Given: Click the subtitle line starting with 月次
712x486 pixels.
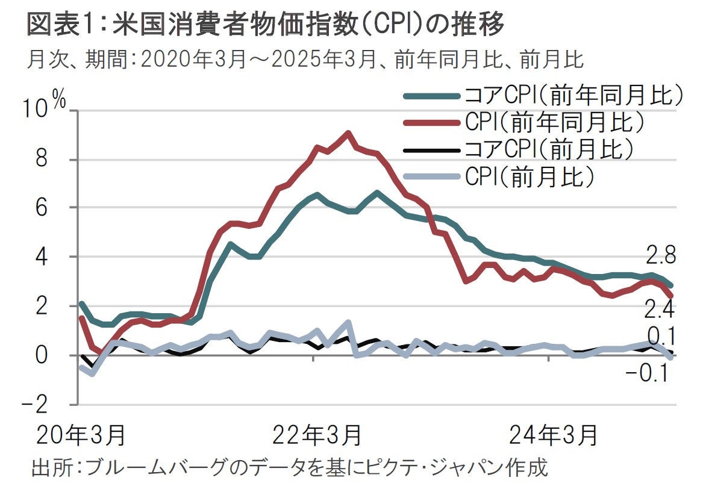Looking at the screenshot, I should [305, 60].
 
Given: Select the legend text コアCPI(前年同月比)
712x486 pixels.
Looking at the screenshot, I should [576, 96].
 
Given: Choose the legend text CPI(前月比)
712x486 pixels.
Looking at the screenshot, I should [531, 175].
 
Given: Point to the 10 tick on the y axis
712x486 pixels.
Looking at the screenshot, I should [37, 110].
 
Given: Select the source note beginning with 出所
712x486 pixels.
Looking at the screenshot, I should [289, 468].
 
